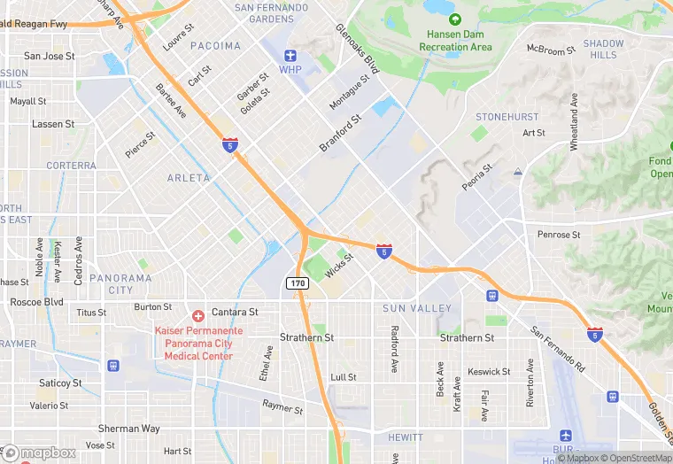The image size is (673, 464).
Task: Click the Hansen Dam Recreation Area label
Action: click(455, 40)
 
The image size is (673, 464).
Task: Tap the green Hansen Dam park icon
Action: click(455, 19)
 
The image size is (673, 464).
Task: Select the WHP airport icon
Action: click(290, 55)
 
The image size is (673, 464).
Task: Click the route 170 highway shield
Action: click(298, 282)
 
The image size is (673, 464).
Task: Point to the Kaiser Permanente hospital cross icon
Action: click(198, 315)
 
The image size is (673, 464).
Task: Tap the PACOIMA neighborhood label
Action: click(215, 45)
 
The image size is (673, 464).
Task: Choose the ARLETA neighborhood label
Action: click(189, 178)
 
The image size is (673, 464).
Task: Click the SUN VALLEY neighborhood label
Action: click(417, 308)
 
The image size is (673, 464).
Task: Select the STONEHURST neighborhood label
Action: click(507, 117)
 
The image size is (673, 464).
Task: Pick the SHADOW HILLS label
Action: click(603, 49)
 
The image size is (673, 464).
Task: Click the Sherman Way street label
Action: click(129, 429)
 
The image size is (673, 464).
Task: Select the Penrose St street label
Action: click(559, 235)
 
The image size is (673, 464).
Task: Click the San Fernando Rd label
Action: click(558, 349)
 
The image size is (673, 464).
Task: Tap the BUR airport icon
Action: click(566, 437)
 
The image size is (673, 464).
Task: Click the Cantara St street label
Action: click(234, 312)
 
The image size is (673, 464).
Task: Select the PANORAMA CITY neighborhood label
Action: click(121, 283)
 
